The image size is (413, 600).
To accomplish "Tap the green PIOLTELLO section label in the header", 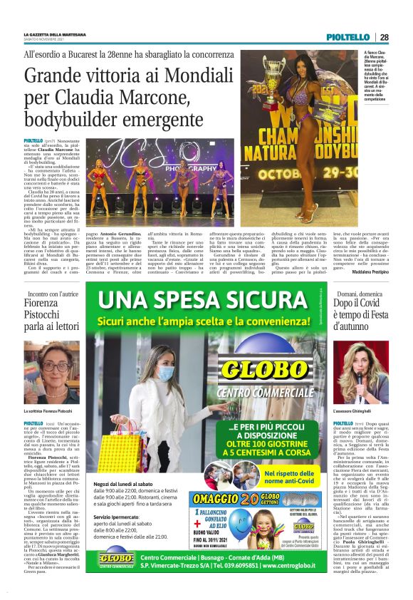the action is [x=347, y=37].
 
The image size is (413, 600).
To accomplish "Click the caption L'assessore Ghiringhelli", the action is [x=356, y=412].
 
